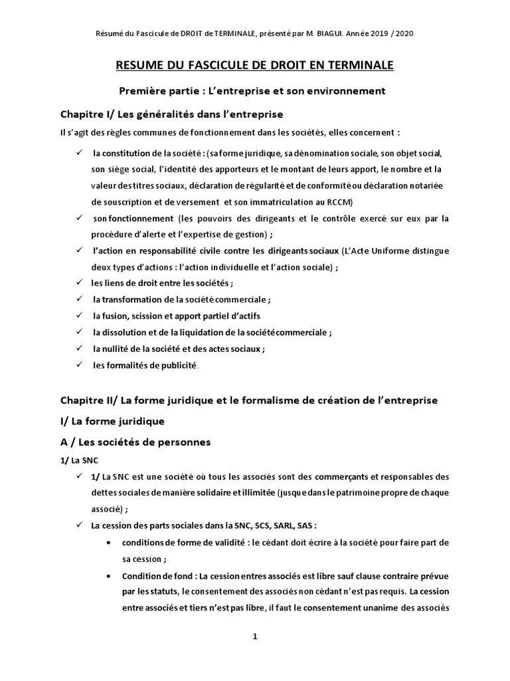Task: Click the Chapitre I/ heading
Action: (172, 114)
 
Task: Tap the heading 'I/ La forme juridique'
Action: (112, 421)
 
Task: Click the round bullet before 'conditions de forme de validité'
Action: (108, 542)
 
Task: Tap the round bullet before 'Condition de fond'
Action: (108, 575)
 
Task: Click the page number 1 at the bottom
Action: (255, 637)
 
